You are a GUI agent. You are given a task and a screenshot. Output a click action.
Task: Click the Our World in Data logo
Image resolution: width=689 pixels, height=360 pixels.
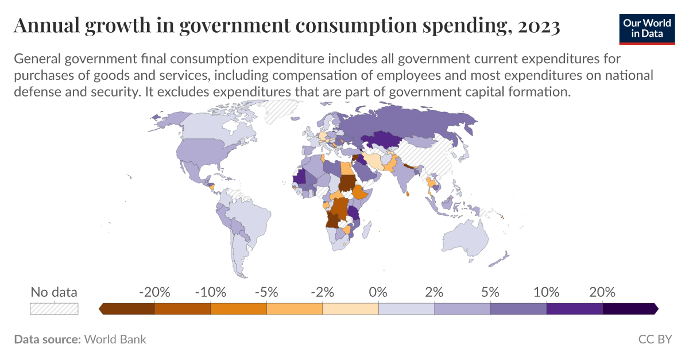(647, 28)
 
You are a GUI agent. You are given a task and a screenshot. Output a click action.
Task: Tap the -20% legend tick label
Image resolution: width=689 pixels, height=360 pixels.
(154, 292)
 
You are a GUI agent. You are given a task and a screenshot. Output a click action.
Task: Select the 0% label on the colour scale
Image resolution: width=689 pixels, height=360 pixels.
(378, 292)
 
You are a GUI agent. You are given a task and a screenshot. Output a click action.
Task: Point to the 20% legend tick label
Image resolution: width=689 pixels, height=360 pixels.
(602, 292)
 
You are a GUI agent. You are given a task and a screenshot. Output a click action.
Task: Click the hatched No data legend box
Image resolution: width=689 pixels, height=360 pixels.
(53, 309)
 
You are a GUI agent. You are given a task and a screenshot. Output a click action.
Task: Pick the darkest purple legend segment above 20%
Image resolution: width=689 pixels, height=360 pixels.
(629, 309)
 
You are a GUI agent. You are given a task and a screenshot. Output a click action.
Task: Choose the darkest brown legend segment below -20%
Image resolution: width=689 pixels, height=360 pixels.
(128, 309)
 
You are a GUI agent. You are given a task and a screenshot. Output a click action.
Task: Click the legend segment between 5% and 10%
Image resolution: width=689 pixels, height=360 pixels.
(518, 309)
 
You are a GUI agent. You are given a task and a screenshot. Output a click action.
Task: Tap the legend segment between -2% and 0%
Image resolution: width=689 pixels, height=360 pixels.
(350, 309)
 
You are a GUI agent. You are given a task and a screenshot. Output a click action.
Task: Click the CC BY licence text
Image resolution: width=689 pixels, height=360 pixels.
(655, 339)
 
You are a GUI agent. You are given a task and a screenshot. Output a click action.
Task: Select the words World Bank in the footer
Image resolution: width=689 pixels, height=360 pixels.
(115, 339)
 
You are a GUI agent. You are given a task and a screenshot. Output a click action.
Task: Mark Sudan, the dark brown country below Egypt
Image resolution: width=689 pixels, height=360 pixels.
(347, 183)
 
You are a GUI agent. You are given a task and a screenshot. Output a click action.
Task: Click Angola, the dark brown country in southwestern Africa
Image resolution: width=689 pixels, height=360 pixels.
(333, 220)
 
